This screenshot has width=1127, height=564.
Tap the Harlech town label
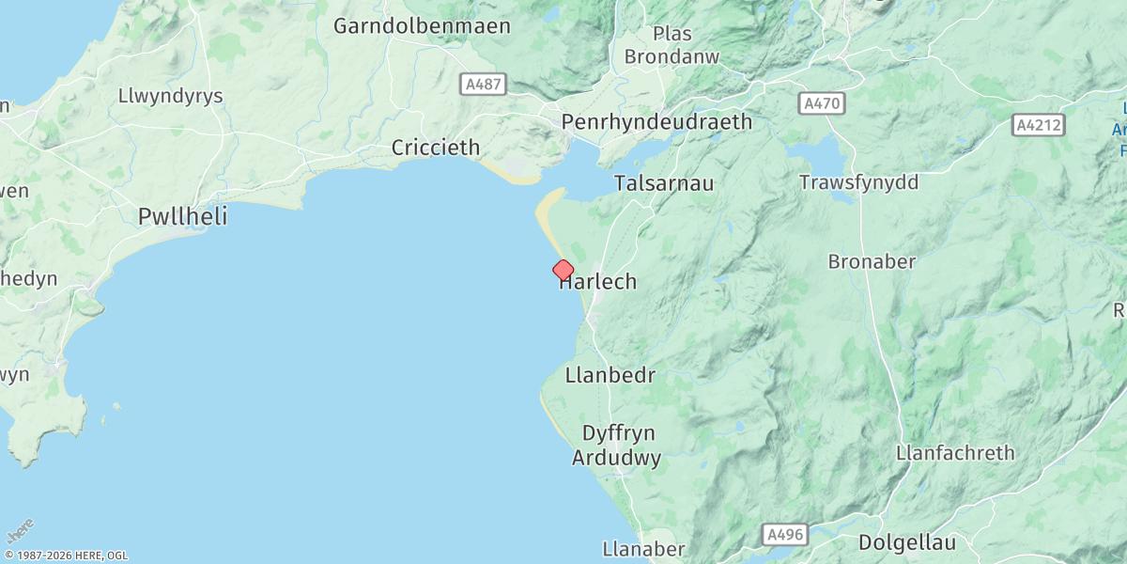point(598,281)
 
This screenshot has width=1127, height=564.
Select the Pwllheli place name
point(182,216)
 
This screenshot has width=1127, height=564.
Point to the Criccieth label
point(435,148)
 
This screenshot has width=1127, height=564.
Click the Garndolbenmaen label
point(422,25)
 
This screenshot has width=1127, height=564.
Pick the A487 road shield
point(485,85)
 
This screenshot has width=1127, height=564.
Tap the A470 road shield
point(823,103)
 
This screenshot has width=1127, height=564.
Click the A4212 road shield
point(1040,124)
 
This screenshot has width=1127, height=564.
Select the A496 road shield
point(785,534)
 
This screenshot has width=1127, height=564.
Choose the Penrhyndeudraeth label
point(656,121)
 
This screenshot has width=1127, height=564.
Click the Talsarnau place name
point(663,183)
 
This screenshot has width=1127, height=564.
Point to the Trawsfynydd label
point(858,182)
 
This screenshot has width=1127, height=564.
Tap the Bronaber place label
point(872,261)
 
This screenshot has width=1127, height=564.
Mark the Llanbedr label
point(610,375)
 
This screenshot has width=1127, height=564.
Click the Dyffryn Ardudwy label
point(617,446)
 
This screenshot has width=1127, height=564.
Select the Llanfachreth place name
point(955,453)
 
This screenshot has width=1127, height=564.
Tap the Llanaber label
point(643,549)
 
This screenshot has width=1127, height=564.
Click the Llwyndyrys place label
point(170,96)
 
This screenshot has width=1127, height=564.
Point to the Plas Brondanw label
point(672,45)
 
